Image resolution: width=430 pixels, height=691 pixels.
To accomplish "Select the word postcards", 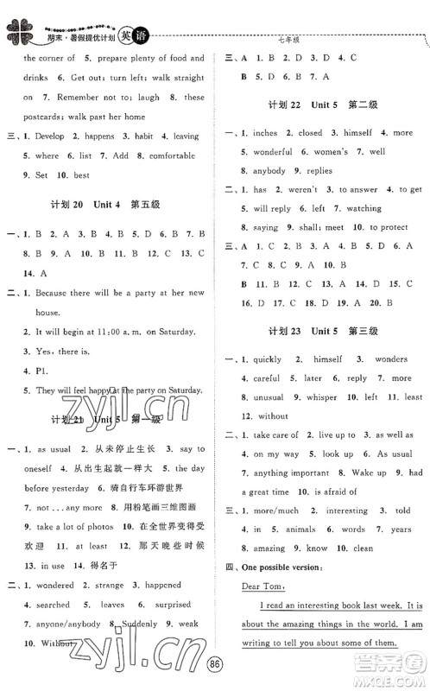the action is (x=46, y=117).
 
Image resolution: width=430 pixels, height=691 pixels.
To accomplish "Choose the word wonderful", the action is (x=273, y=153).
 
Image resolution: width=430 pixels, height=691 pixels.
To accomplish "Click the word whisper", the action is (x=319, y=396).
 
